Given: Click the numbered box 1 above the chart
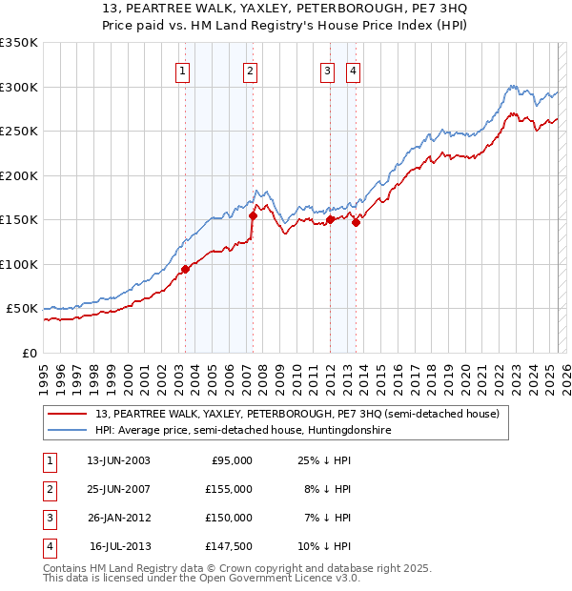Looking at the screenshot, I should pos(181,70).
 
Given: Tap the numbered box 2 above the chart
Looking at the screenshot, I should pos(249,70).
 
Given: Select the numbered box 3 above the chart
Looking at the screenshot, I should pos(327,70).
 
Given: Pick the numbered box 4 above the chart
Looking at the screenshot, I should pos(353,70).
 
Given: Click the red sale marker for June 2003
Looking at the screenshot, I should pos(185,269).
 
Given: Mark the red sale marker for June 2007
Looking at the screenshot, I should pos(254,215).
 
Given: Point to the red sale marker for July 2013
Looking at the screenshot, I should pos(356,222).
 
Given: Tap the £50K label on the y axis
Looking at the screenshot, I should pos(22,309).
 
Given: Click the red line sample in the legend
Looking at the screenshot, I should pos(69,414).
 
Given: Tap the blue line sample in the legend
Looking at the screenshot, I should pos(69,431).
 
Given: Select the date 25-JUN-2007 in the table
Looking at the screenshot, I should pos(118,489).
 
